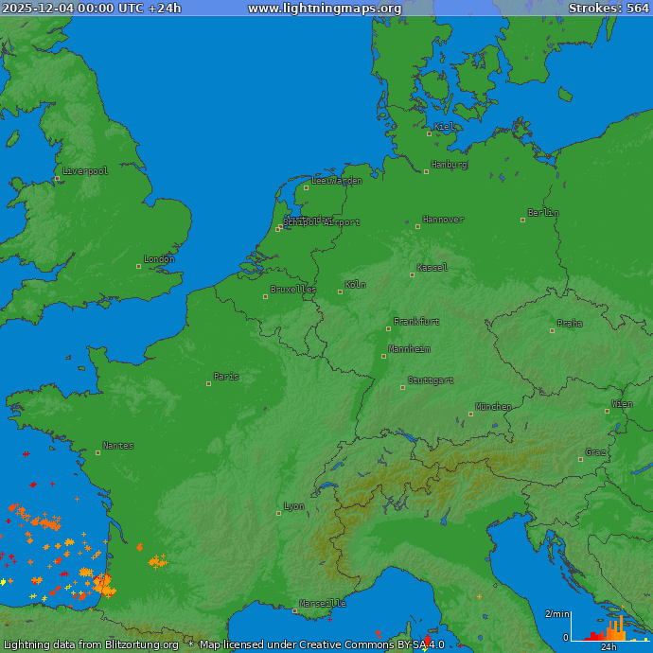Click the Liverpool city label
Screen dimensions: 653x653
click(86, 171)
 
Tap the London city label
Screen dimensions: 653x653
click(159, 259)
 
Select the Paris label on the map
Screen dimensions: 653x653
click(226, 377)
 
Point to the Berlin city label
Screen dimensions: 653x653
click(543, 213)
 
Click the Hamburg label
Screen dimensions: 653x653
click(450, 165)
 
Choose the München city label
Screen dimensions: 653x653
click(493, 407)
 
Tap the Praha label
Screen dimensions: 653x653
click(570, 324)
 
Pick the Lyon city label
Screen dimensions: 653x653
click(294, 506)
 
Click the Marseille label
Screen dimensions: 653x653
click(323, 603)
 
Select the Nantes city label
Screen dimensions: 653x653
click(118, 446)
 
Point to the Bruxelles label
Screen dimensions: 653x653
click(293, 290)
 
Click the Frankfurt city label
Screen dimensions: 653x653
click(416, 322)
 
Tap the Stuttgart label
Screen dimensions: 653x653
click(431, 380)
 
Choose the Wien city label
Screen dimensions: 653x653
click(622, 404)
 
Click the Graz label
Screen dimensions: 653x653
click(596, 452)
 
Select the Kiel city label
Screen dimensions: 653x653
click(444, 127)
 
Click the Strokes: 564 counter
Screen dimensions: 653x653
click(609, 9)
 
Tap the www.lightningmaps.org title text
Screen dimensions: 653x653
click(325, 9)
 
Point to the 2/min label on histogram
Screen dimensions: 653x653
click(556, 615)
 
